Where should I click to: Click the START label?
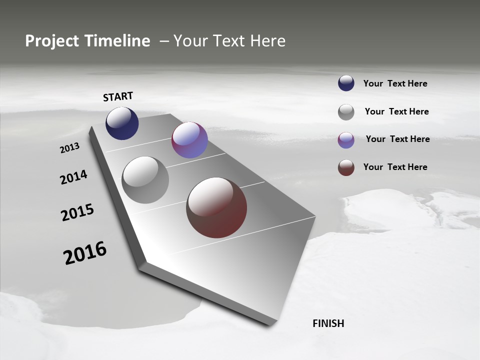pyautogui.click(x=118, y=96)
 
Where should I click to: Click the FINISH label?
pyautogui.click(x=328, y=323)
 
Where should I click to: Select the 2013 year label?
pyautogui.click(x=70, y=148)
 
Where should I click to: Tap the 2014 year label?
pyautogui.click(x=73, y=177)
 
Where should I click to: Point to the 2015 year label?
pyautogui.click(x=77, y=212)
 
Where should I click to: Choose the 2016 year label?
pyautogui.click(x=85, y=253)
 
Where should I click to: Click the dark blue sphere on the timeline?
pyautogui.click(x=122, y=123)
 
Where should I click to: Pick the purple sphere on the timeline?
pyautogui.click(x=189, y=140)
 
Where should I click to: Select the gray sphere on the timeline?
pyautogui.click(x=145, y=180)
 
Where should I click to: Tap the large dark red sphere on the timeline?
pyautogui.click(x=216, y=207)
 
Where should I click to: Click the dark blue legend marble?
pyautogui.click(x=346, y=83)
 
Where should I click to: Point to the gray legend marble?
pyautogui.click(x=346, y=112)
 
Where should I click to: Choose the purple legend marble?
pyautogui.click(x=346, y=140)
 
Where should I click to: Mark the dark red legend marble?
pyautogui.click(x=346, y=167)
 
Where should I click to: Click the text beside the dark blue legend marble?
pyautogui.click(x=395, y=83)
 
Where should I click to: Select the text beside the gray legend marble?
pyautogui.click(x=396, y=111)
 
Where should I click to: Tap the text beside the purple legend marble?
pyautogui.click(x=397, y=139)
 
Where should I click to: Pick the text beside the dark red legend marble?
pyautogui.click(x=395, y=167)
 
